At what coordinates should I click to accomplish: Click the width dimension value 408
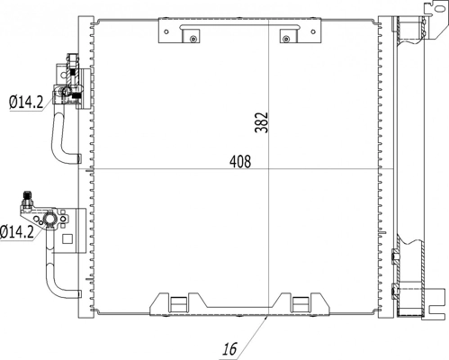(x=239, y=162)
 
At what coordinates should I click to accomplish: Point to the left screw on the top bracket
(x=191, y=37)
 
